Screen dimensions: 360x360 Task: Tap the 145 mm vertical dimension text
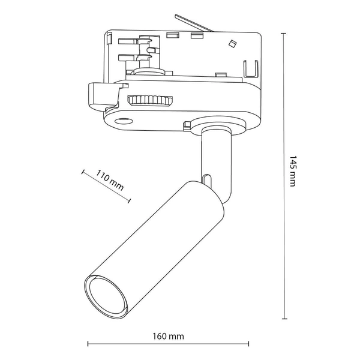292,172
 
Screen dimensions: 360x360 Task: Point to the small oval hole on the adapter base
125,122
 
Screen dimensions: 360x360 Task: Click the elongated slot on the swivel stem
207,180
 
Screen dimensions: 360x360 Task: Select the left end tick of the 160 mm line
88,344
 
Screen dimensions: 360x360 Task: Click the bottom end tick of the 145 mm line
284,317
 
